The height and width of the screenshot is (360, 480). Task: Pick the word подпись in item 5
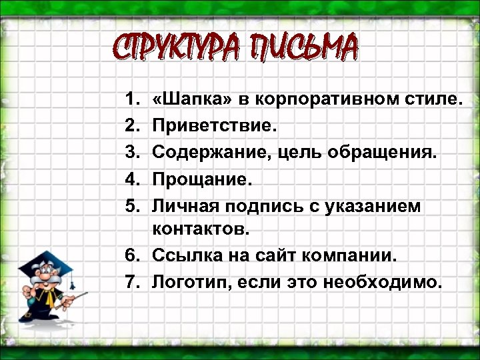click(266, 206)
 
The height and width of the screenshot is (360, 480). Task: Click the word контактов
click(199, 230)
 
